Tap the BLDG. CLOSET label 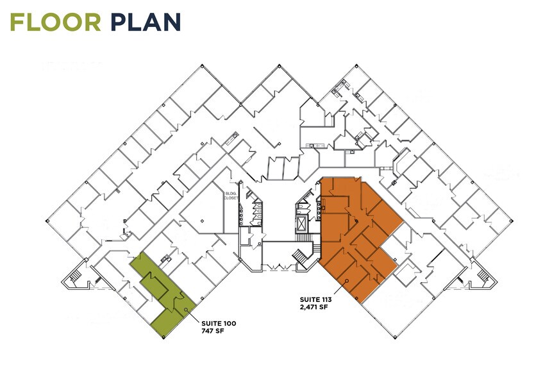231,196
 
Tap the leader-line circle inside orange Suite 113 346,281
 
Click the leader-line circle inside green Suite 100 186,310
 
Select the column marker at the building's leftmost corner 47,221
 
